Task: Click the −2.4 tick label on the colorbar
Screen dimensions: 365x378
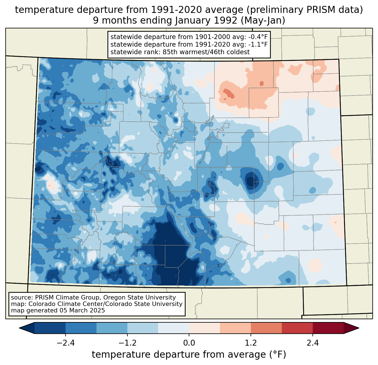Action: click(66, 343)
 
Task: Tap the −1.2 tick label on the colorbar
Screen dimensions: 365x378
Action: click(127, 343)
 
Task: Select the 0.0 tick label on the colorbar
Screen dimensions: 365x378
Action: click(189, 343)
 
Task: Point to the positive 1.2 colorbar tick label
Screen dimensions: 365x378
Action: click(251, 343)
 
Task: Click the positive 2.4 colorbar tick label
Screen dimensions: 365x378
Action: click(312, 343)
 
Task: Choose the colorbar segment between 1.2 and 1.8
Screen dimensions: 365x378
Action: click(266, 328)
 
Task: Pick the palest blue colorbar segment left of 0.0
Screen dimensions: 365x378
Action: click(174, 328)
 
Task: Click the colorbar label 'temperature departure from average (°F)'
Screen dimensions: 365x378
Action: click(189, 355)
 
